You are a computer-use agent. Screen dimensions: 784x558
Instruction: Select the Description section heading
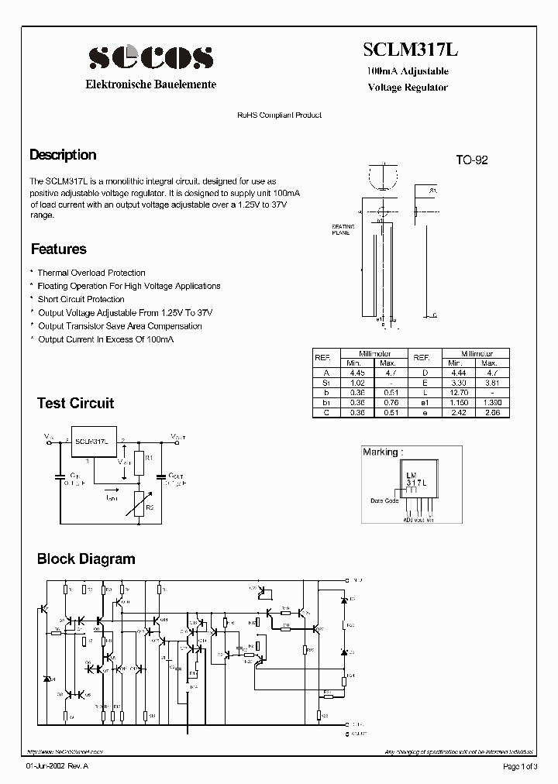pyautogui.click(x=63, y=155)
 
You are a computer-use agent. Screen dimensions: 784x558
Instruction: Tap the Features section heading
pyautogui.click(x=58, y=249)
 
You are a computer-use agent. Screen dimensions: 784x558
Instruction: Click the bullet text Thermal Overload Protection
pyautogui.click(x=91, y=273)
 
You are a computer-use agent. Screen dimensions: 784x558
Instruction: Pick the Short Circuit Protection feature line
pyautogui.click(x=81, y=299)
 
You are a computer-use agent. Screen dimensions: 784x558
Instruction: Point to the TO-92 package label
pyautogui.click(x=471, y=160)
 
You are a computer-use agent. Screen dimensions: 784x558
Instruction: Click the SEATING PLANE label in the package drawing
pyautogui.click(x=343, y=229)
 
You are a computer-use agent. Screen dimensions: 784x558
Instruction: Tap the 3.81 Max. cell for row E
pyautogui.click(x=489, y=383)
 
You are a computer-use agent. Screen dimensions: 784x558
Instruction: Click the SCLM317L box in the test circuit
pyautogui.click(x=92, y=441)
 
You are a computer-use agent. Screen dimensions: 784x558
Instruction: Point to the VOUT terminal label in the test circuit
pyautogui.click(x=179, y=438)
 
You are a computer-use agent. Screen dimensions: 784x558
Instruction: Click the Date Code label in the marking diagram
pyautogui.click(x=384, y=500)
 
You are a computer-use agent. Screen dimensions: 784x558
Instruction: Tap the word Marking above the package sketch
pyautogui.click(x=380, y=452)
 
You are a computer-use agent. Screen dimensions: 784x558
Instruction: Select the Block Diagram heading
pyautogui.click(x=86, y=559)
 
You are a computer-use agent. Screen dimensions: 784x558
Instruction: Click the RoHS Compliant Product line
pyautogui.click(x=279, y=115)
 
